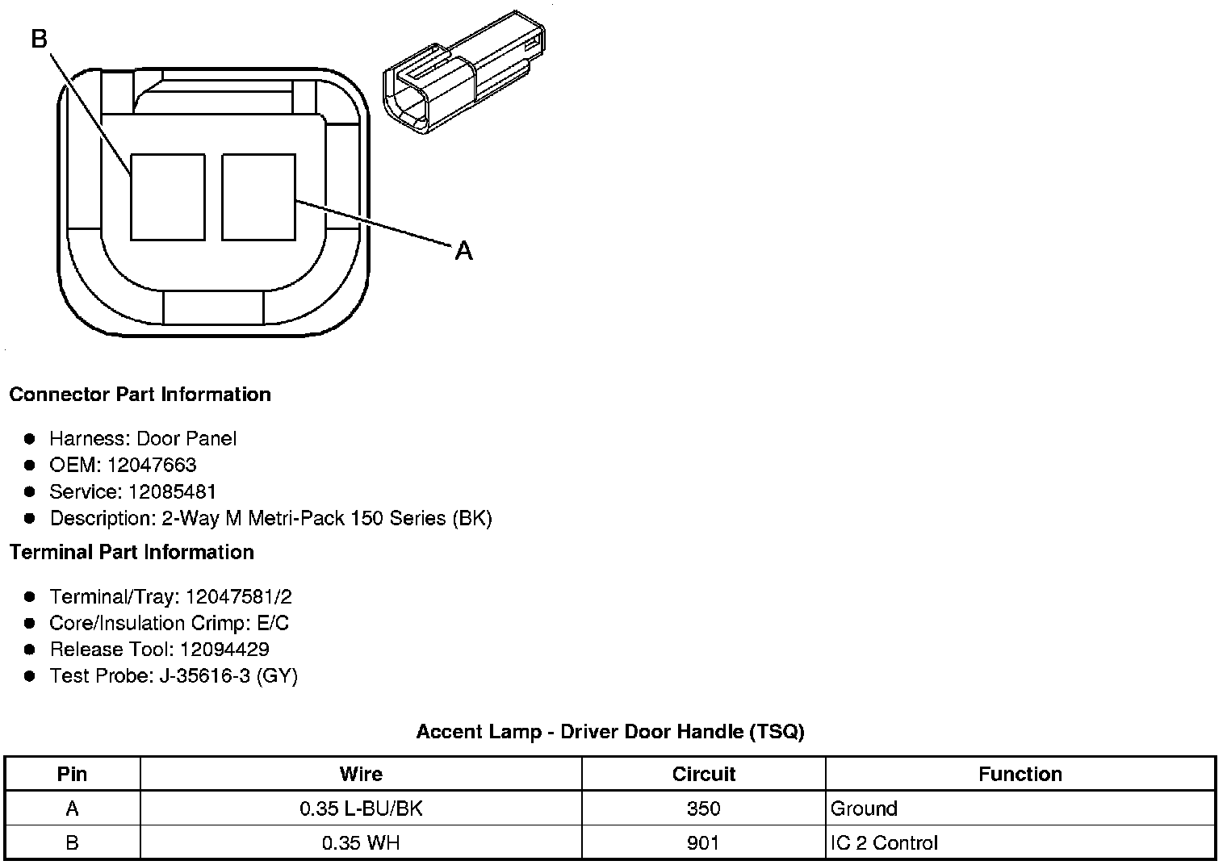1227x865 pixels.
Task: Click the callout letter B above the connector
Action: coord(40,39)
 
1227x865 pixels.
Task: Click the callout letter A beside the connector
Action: coord(463,251)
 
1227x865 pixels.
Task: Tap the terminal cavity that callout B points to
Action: coord(168,197)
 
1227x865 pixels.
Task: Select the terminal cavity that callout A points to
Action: coord(258,197)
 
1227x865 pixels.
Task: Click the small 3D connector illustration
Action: coord(464,73)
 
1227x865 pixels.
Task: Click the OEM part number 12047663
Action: coord(152,465)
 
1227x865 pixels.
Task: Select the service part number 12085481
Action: coord(171,491)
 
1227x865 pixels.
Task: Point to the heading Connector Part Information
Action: coord(140,395)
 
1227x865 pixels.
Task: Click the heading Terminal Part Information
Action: coord(132,552)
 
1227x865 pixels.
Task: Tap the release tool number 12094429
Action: coord(224,650)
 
